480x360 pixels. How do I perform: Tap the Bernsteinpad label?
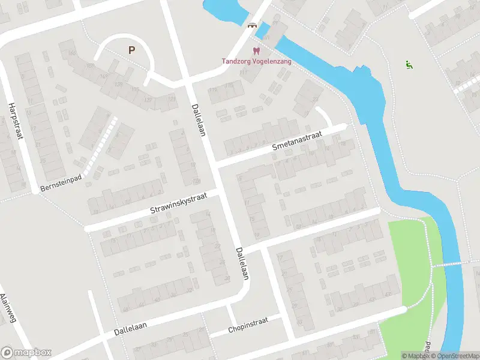point(59,182)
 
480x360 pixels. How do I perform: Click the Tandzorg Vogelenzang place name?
point(256,61)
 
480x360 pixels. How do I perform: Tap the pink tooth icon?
point(256,51)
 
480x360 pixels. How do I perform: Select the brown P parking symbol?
point(131,50)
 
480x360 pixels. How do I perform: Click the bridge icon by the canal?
point(253,25)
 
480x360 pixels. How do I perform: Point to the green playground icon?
point(409,65)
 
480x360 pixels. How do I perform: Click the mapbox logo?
point(26,352)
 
